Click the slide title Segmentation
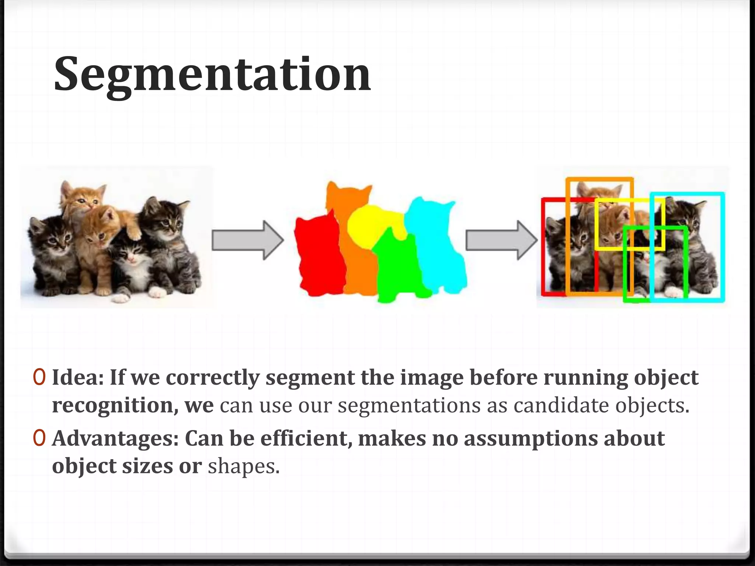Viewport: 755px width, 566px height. coord(212,74)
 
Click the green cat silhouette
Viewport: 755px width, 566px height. coord(398,269)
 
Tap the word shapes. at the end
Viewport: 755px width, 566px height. coord(244,467)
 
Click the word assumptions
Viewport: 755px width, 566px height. coord(530,439)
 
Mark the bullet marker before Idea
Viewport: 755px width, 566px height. coord(39,377)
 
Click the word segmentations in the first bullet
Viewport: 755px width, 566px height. coord(409,405)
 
